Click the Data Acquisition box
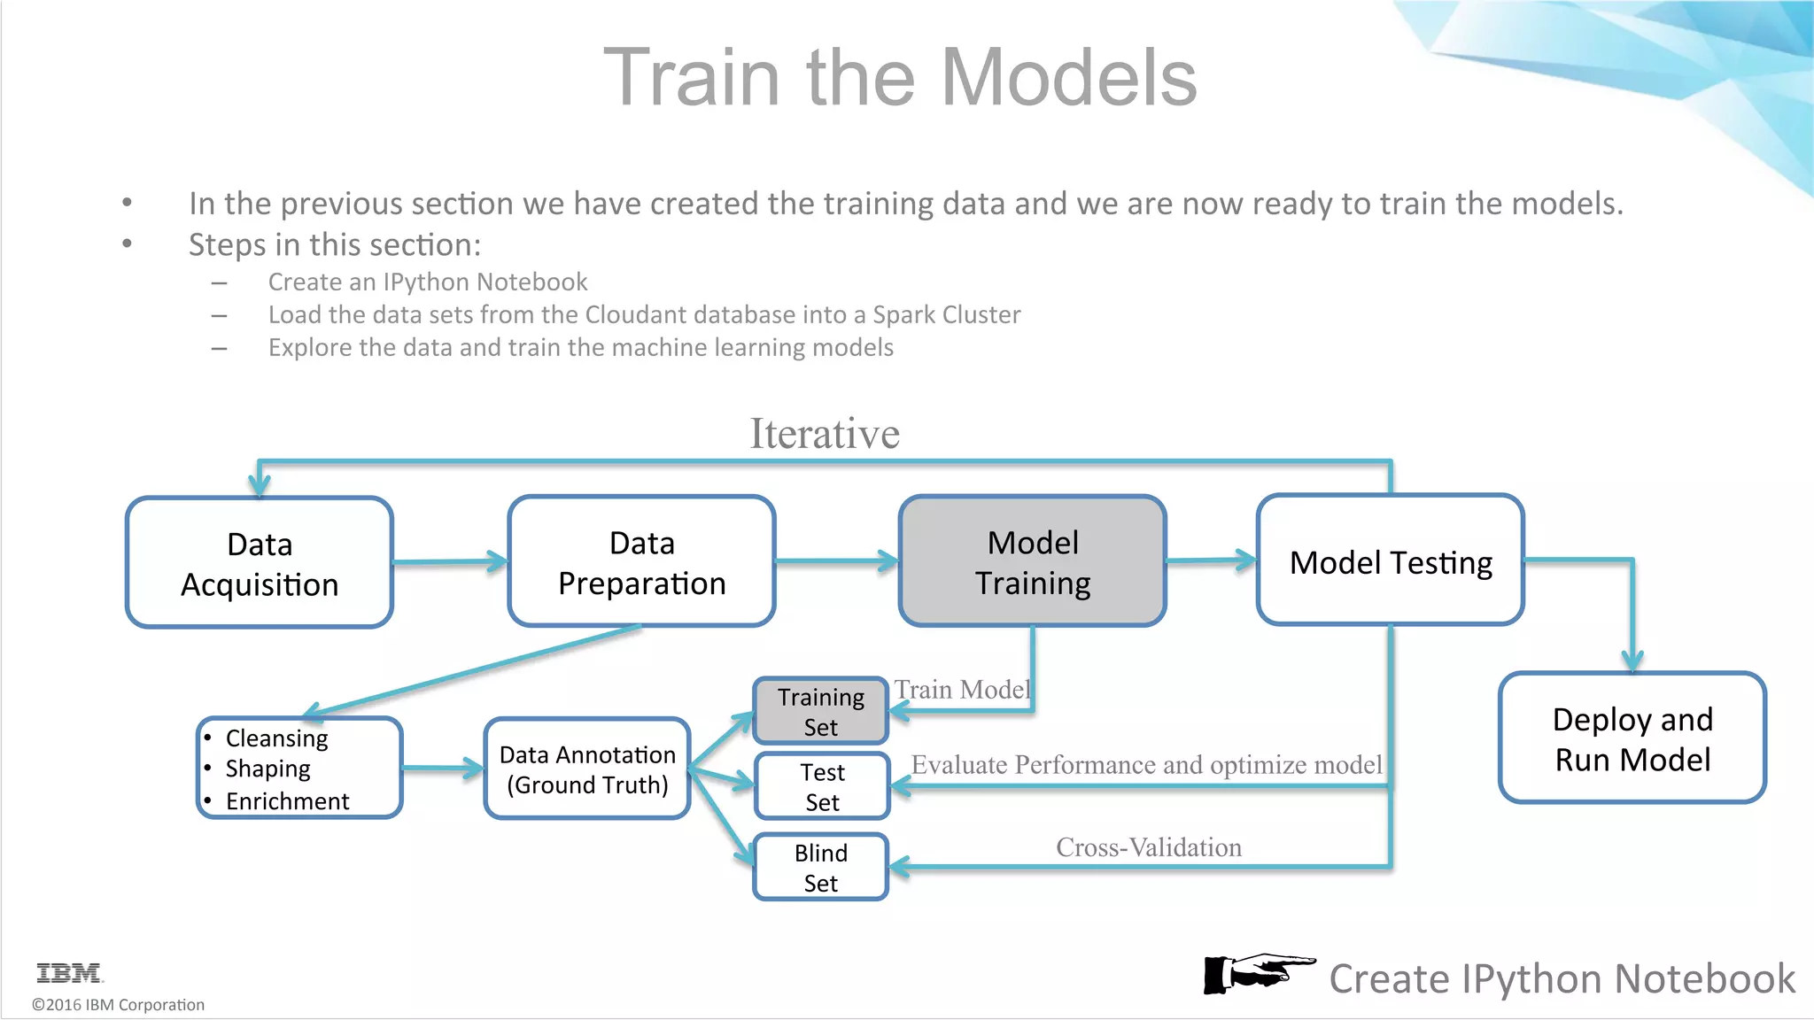pos(260,563)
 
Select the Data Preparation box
pos(641,562)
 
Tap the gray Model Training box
pos(1032,562)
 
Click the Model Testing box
pos(1390,561)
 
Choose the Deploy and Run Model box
pos(1632,738)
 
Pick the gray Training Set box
pos(820,711)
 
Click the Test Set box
pos(821,786)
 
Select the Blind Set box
pos(820,867)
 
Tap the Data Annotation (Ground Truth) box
pos(586,769)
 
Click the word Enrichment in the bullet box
pos(287,801)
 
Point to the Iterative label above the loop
pos(825,434)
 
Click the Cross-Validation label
pos(1148,847)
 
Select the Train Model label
pos(962,689)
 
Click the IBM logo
pos(69,973)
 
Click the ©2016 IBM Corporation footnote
pos(118,1005)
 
